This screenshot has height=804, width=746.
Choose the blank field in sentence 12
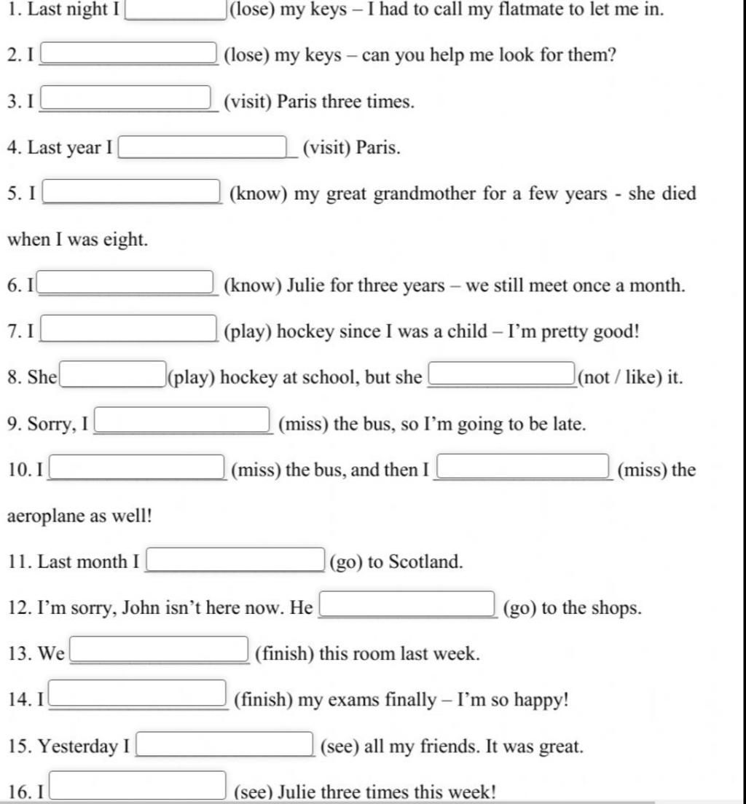[x=408, y=604]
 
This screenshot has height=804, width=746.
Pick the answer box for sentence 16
[x=137, y=786]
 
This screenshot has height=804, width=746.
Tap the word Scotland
[x=425, y=562]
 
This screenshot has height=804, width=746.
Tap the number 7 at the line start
[x=12, y=332]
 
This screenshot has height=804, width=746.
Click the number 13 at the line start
[x=17, y=654]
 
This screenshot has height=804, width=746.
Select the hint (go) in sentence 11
[x=346, y=562]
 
